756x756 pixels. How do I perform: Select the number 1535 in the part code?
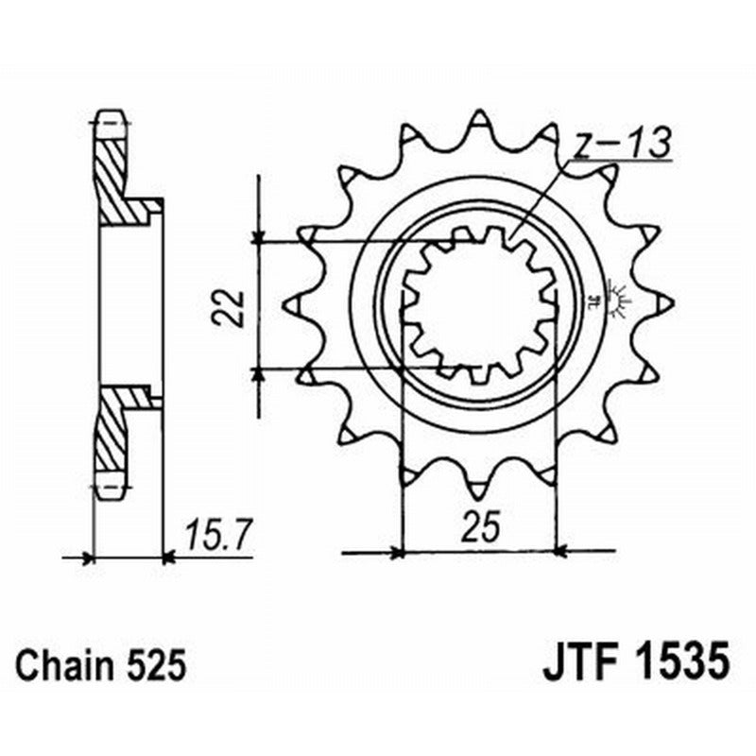click(x=678, y=662)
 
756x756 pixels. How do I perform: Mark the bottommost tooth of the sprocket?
click(x=480, y=487)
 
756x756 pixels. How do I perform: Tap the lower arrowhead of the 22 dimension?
click(x=258, y=373)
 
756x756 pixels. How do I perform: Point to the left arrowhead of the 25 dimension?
click(x=398, y=550)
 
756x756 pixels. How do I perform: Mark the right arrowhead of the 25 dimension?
click(x=560, y=550)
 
